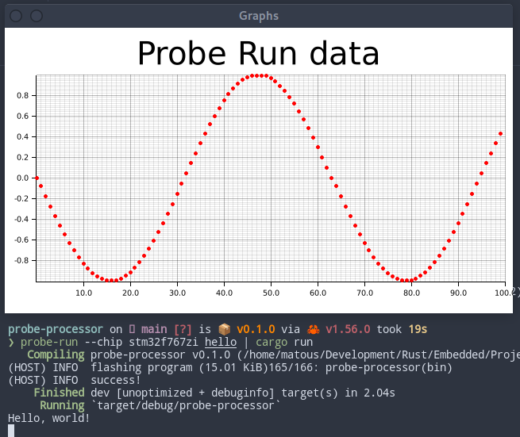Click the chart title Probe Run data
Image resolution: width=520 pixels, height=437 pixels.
click(x=258, y=54)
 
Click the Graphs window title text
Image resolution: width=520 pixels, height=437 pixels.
click(x=259, y=15)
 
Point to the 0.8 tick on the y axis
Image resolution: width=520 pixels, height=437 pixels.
click(x=22, y=95)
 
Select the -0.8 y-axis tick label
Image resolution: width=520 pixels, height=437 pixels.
click(x=21, y=260)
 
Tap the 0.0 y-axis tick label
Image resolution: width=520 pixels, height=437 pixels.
click(x=22, y=178)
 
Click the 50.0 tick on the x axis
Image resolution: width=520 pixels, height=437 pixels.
click(x=272, y=293)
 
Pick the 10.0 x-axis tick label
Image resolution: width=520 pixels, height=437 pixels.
click(x=83, y=293)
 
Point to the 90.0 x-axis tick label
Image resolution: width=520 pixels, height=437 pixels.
click(x=459, y=293)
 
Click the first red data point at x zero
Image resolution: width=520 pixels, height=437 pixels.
click(x=37, y=178)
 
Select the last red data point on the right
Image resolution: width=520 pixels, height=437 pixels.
click(x=500, y=134)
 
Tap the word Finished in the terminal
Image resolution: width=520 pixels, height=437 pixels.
click(x=59, y=392)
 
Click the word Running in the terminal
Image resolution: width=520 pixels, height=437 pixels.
click(x=62, y=404)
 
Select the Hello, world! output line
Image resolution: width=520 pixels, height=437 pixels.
click(x=49, y=417)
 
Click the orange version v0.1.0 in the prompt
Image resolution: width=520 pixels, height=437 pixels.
click(x=259, y=328)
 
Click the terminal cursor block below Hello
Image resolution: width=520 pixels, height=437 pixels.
click(x=11, y=430)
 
